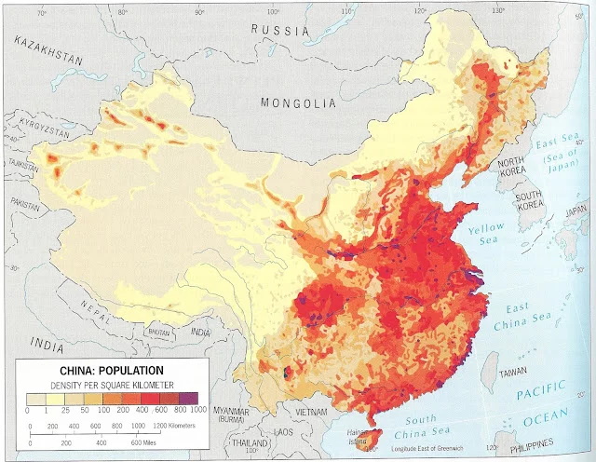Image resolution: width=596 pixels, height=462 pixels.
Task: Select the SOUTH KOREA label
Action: coord(530,201)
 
